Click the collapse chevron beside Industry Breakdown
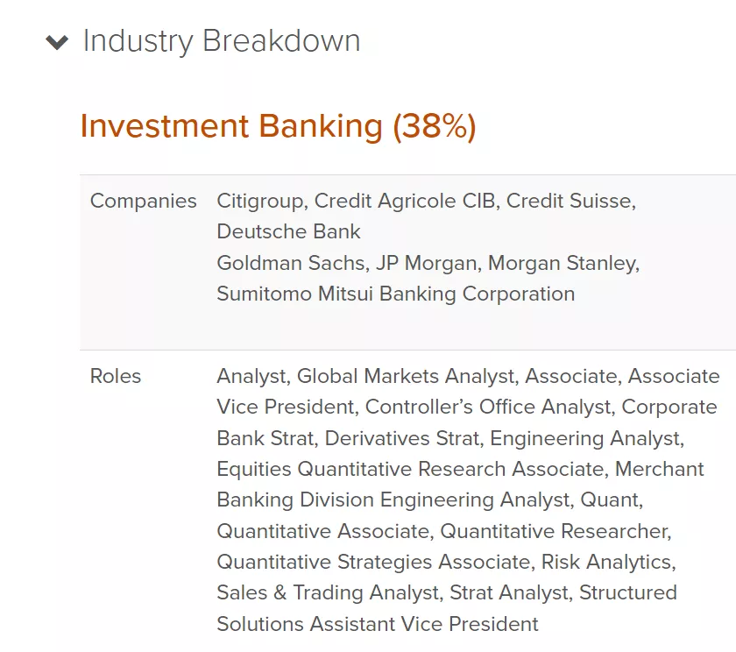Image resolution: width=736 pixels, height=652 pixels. point(57,42)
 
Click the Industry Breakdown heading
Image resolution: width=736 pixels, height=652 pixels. point(222,41)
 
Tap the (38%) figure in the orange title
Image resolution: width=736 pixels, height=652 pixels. point(435,126)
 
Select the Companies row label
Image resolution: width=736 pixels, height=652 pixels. point(143,201)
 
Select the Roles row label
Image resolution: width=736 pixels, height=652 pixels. point(116,376)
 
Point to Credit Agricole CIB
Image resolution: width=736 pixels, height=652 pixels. point(405,201)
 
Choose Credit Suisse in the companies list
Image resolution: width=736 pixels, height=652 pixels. point(570,201)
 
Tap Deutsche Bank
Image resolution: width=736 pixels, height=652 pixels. point(288,231)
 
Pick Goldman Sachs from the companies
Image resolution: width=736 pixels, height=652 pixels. point(291,263)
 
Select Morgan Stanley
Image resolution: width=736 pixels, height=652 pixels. point(563,263)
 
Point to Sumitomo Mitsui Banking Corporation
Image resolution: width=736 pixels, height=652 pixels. point(396,294)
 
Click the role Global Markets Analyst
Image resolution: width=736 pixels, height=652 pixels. point(407,376)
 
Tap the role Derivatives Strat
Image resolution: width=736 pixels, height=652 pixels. point(403,438)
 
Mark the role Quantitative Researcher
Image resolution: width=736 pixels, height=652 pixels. point(555,531)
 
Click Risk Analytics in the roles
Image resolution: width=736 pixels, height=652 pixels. point(607,562)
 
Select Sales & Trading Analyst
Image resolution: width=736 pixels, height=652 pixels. point(328,592)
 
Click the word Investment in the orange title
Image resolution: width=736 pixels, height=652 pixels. point(165,126)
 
